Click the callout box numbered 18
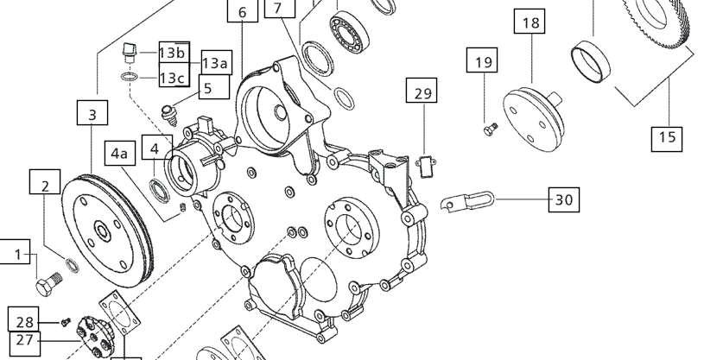click(530, 22)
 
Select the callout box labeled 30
click(564, 199)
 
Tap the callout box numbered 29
click(422, 91)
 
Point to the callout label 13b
click(174, 53)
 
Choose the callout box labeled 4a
click(120, 153)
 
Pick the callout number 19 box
click(482, 60)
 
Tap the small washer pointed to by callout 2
click(72, 266)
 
